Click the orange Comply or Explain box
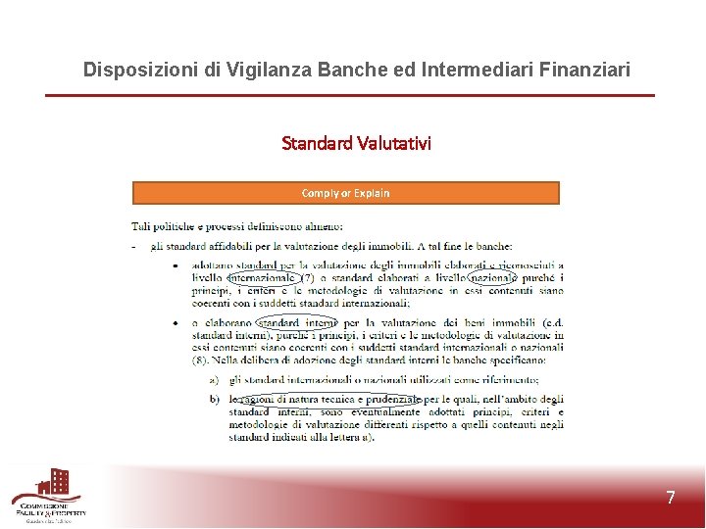tap(345, 193)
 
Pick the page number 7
tap(671, 498)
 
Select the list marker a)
tap(214, 380)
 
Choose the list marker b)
tap(214, 399)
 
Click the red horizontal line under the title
tap(349, 95)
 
